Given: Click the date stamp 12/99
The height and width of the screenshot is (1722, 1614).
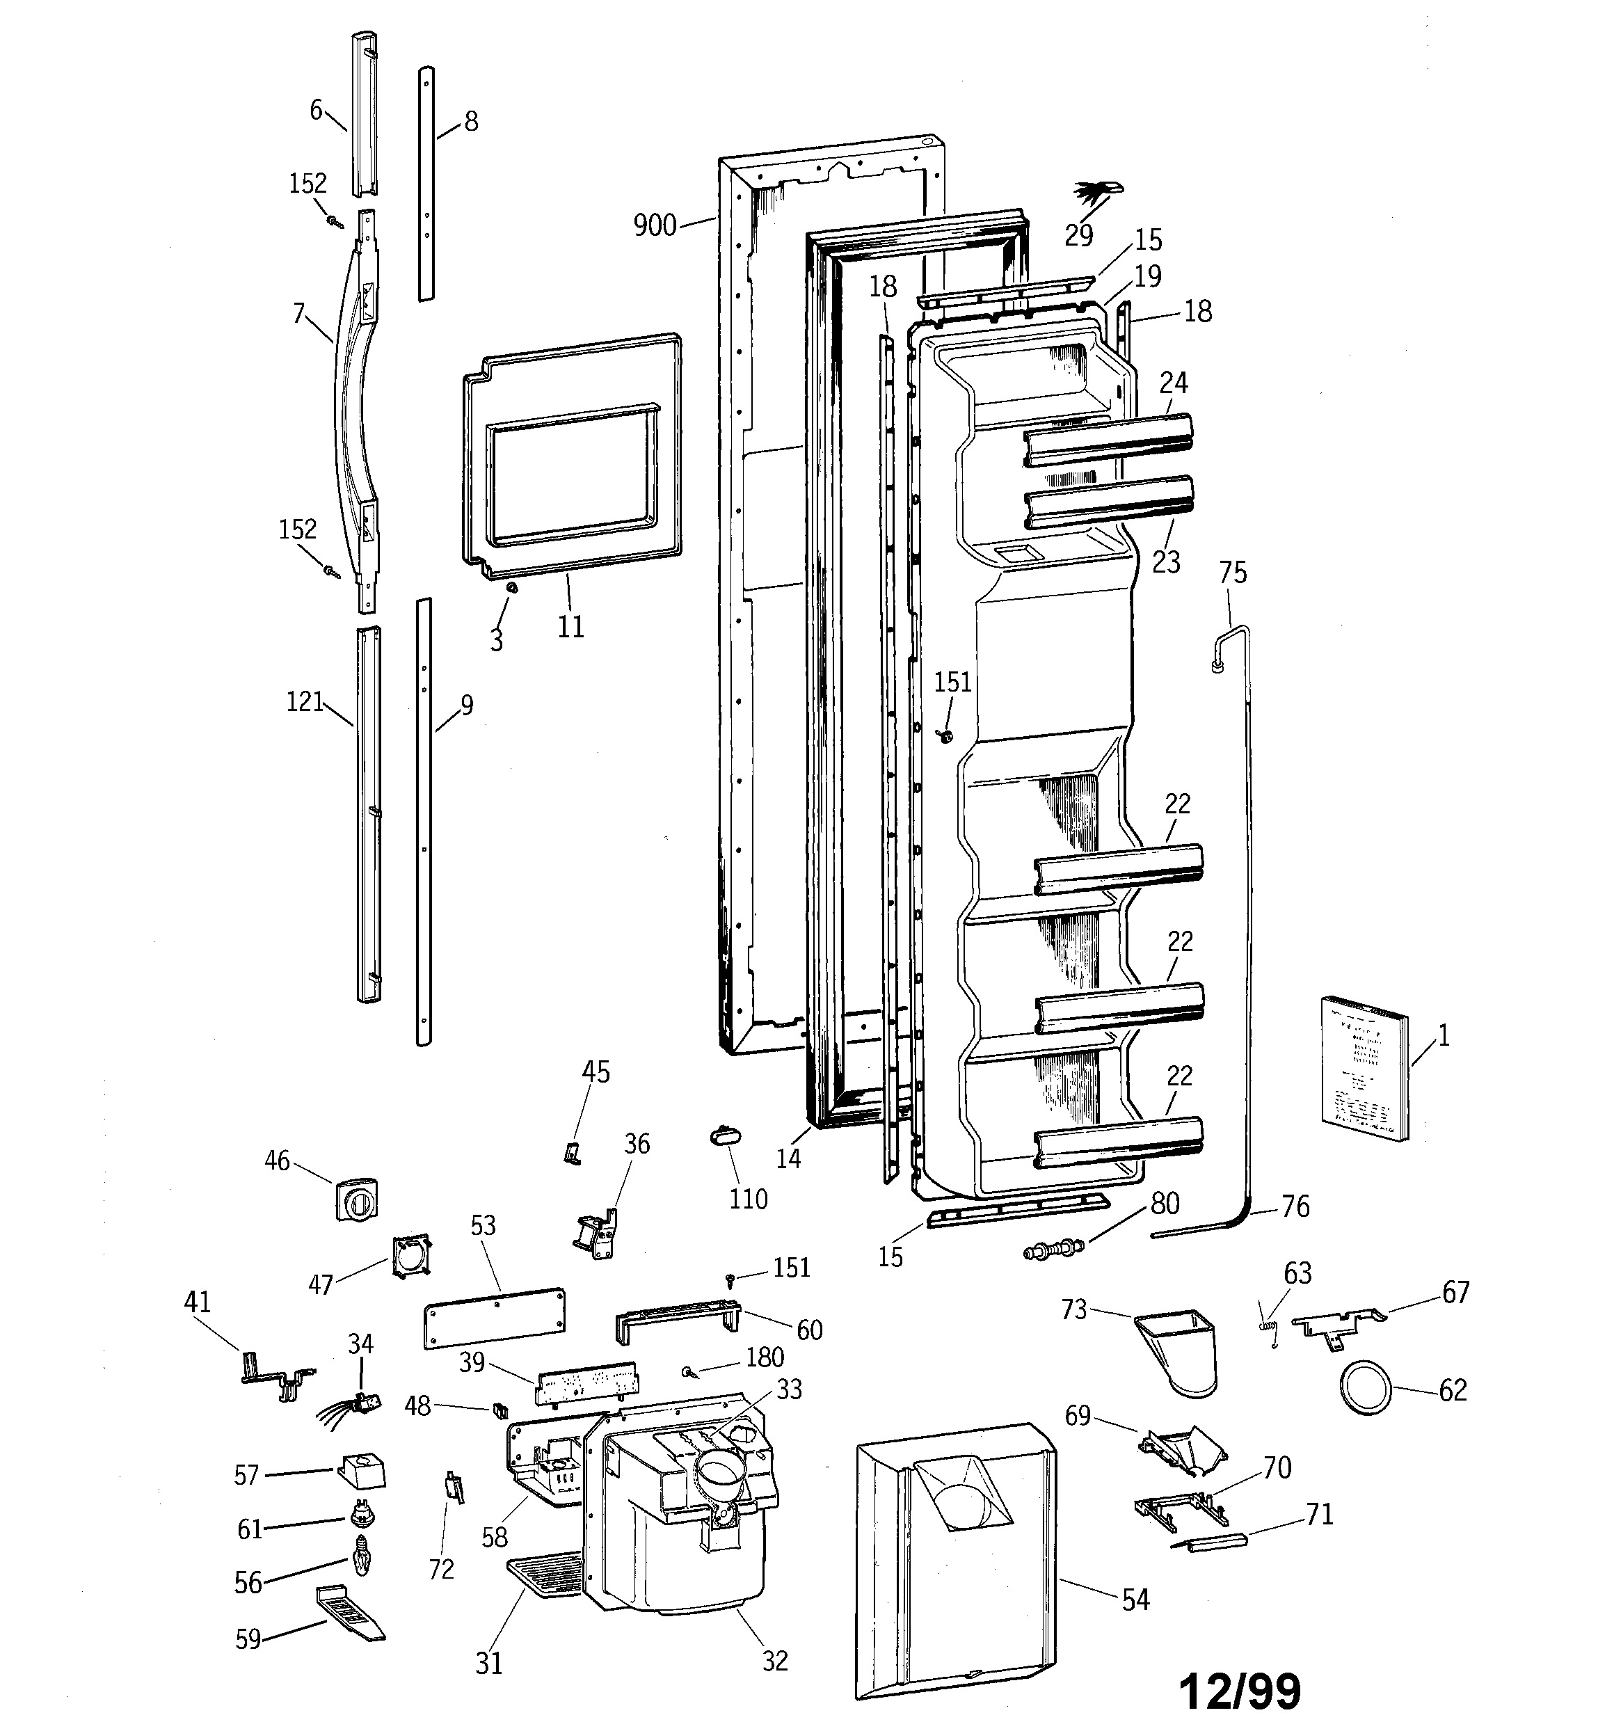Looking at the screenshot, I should (1240, 1690).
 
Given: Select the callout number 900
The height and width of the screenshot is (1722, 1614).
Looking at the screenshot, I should (654, 225).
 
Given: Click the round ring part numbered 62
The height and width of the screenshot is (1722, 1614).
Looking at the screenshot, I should (1366, 1389).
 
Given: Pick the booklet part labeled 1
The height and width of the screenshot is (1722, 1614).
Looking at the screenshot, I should (1364, 1068).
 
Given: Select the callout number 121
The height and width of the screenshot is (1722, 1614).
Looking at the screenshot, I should (304, 701).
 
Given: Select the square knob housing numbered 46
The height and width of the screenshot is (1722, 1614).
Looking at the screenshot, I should (356, 1199).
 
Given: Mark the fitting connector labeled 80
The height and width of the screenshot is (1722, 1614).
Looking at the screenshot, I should (1053, 1251).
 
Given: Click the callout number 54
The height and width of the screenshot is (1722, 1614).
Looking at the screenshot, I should (1135, 1600).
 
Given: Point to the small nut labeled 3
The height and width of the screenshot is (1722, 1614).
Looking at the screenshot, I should (511, 588).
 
